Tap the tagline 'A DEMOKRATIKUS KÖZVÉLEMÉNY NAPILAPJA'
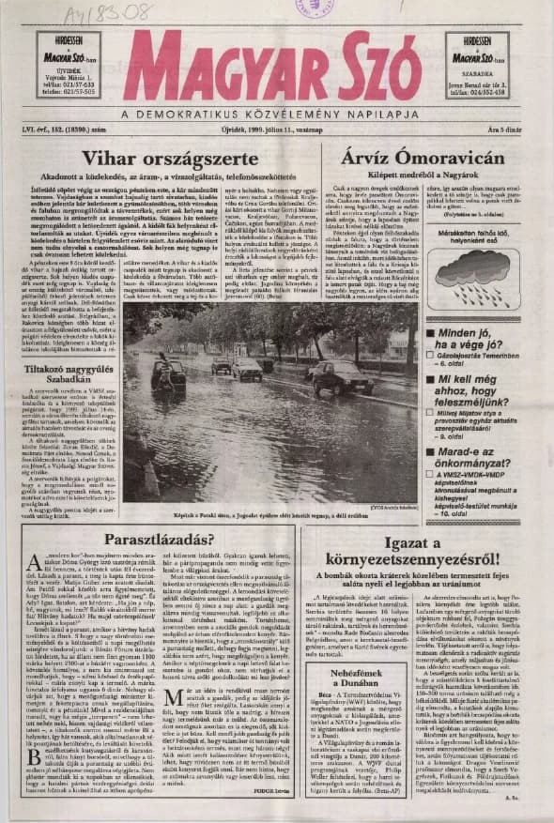tap(276, 114)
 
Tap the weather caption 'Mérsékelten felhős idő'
tap(469, 234)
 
